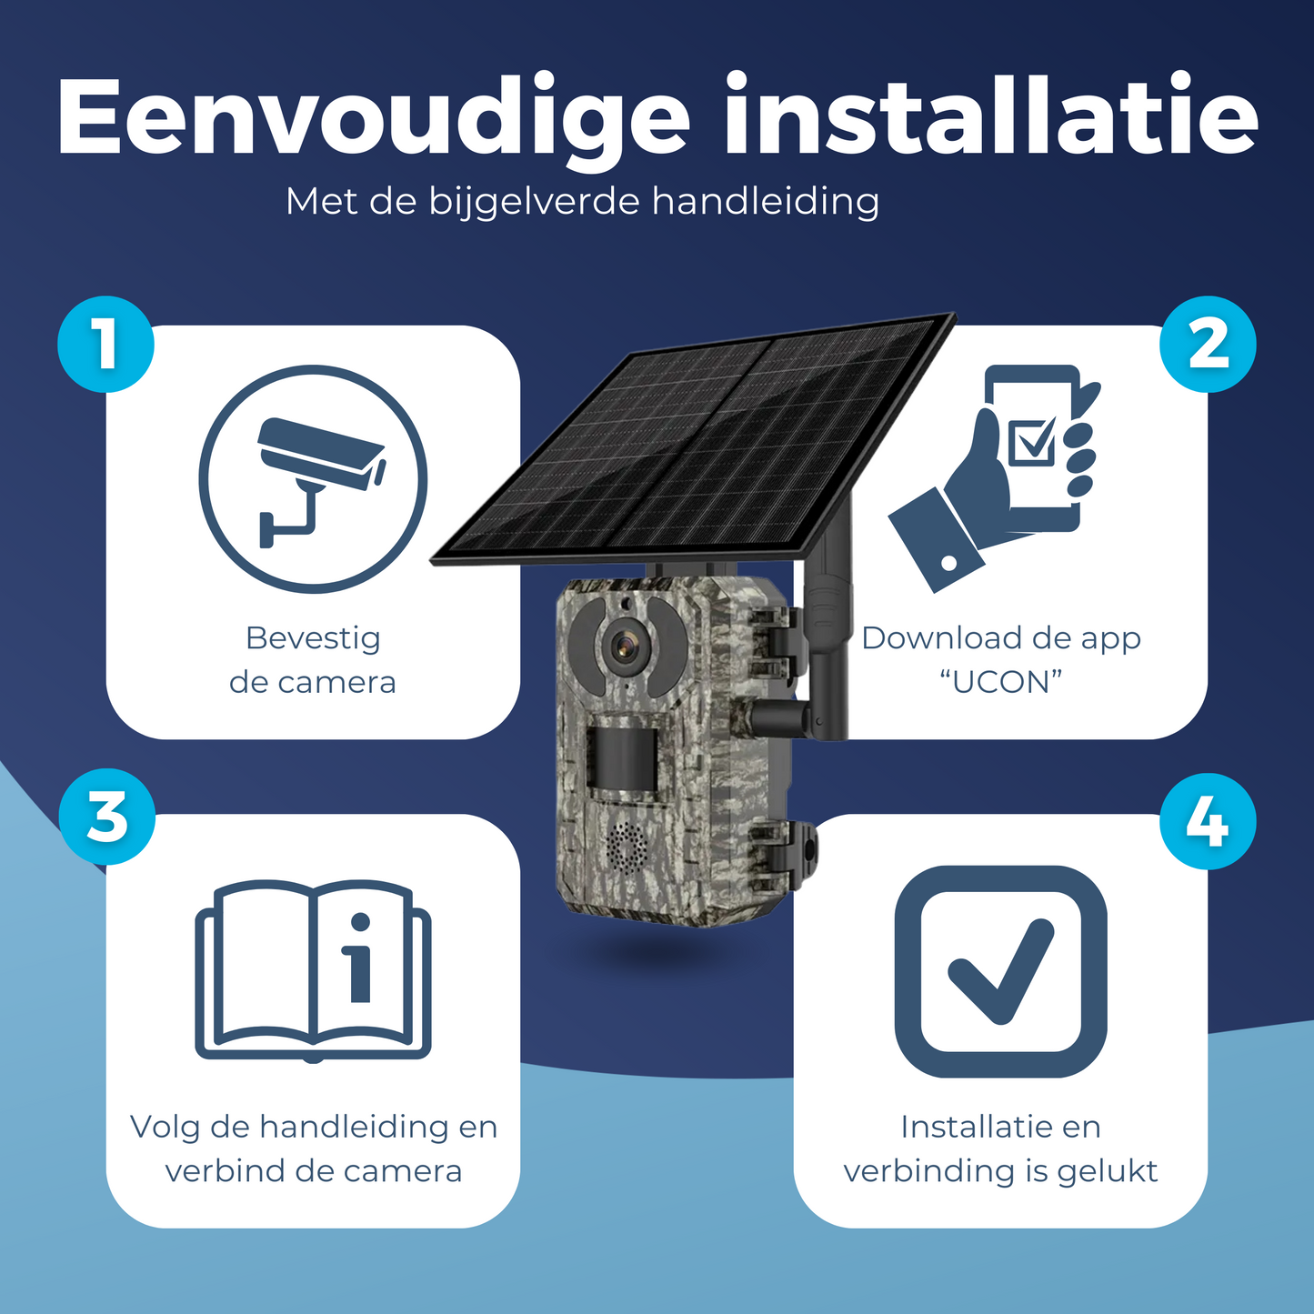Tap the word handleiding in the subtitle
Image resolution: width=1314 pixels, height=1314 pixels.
pos(765,203)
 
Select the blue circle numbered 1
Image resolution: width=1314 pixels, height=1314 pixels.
pos(105,345)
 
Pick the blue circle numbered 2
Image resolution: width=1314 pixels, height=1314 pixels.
pos(1208,345)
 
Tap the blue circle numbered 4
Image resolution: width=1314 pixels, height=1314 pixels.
pos(1208,822)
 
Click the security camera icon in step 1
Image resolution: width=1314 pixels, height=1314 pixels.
pos(313,479)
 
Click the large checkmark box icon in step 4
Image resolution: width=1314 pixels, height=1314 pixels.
pos(1000,972)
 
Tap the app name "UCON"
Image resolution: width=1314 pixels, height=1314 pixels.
pos(1001,682)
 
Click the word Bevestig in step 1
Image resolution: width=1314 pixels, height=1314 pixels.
pos(313,640)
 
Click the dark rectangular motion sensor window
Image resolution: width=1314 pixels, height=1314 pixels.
pos(622,759)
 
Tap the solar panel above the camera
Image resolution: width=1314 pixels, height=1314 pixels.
pos(692,440)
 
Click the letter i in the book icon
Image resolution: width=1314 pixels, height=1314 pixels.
pos(360,958)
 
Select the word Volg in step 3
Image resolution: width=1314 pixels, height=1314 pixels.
pos(165,1128)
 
